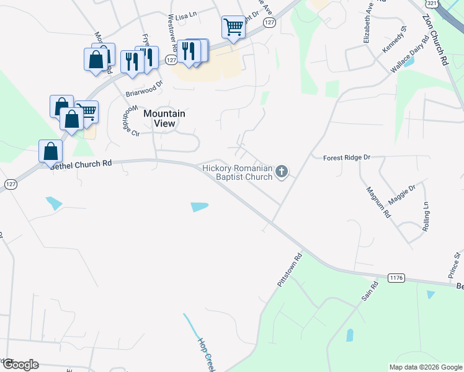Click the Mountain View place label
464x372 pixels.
pos(164,118)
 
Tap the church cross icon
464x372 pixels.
pos(282,171)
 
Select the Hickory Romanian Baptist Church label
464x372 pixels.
pos(238,172)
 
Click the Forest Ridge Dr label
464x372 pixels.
pos(346,158)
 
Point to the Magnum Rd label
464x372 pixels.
pos(378,202)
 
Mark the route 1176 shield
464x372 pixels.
pos(397,277)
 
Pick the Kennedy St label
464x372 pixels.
pos(395,38)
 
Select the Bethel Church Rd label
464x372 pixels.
pos(81,164)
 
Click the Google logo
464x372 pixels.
pos(20,364)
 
